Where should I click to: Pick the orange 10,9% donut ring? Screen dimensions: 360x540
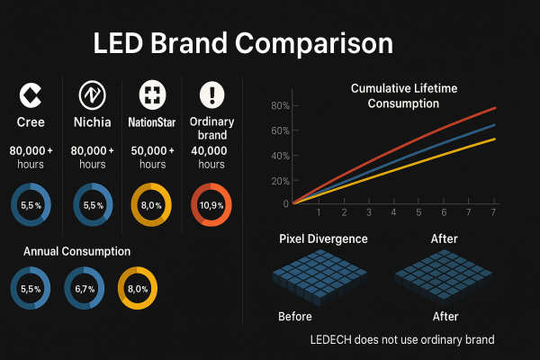(x=211, y=205)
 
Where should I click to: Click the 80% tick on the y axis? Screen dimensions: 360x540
(x=279, y=106)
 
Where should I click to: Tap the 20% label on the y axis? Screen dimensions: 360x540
(x=279, y=180)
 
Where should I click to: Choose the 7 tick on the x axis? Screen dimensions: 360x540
(x=493, y=212)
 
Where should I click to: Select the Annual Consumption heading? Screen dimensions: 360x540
(x=77, y=251)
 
